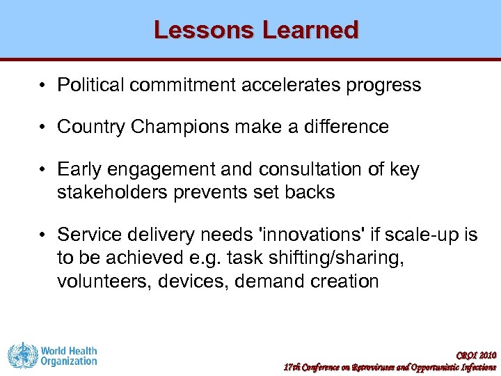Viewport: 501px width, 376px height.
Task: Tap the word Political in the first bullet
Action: pos(90,85)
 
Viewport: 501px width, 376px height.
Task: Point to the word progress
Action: pos(386,85)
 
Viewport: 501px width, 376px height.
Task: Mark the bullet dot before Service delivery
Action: pos(43,235)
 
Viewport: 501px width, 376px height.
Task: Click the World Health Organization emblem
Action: pos(22,355)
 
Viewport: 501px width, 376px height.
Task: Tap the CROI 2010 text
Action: pos(476,354)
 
